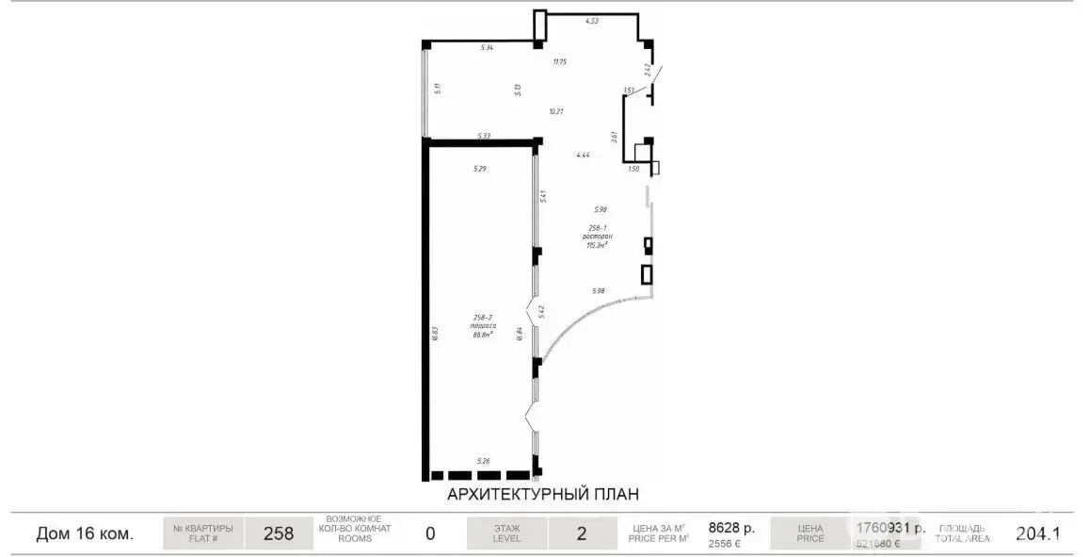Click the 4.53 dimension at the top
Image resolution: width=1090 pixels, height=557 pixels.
592,20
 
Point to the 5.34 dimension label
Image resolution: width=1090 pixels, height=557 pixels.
487,47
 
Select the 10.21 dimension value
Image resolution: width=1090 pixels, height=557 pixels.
556,111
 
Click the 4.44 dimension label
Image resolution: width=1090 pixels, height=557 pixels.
583,155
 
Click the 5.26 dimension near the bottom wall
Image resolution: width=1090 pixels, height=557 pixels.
484,461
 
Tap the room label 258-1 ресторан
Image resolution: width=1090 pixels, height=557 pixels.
596,236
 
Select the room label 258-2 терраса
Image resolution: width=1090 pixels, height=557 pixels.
484,326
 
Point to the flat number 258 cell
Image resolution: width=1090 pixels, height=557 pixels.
279,534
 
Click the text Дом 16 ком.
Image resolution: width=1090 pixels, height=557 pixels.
85,534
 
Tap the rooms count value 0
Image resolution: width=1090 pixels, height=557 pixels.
430,534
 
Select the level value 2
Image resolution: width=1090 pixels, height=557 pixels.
581,534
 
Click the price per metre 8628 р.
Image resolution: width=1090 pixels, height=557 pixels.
731,529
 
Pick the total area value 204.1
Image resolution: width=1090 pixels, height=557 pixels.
1038,533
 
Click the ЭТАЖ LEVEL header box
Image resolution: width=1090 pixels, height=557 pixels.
506,534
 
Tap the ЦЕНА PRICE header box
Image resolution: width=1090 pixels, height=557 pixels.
809,534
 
